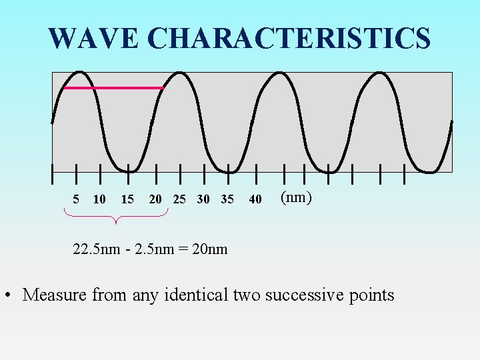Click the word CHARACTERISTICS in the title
pyautogui.click(x=289, y=39)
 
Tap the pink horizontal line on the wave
pyautogui.click(x=113, y=88)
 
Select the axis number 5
pyautogui.click(x=76, y=199)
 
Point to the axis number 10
pyautogui.click(x=99, y=199)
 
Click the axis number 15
pyautogui.click(x=127, y=199)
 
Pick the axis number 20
pyautogui.click(x=155, y=199)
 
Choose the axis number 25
pyautogui.click(x=179, y=199)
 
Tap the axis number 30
pyautogui.click(x=203, y=199)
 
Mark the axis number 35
pyautogui.click(x=227, y=199)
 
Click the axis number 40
pyautogui.click(x=255, y=199)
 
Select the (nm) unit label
pyautogui.click(x=296, y=197)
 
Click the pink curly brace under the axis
pyautogui.click(x=116, y=215)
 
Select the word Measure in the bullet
pyautogui.click(x=55, y=295)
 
